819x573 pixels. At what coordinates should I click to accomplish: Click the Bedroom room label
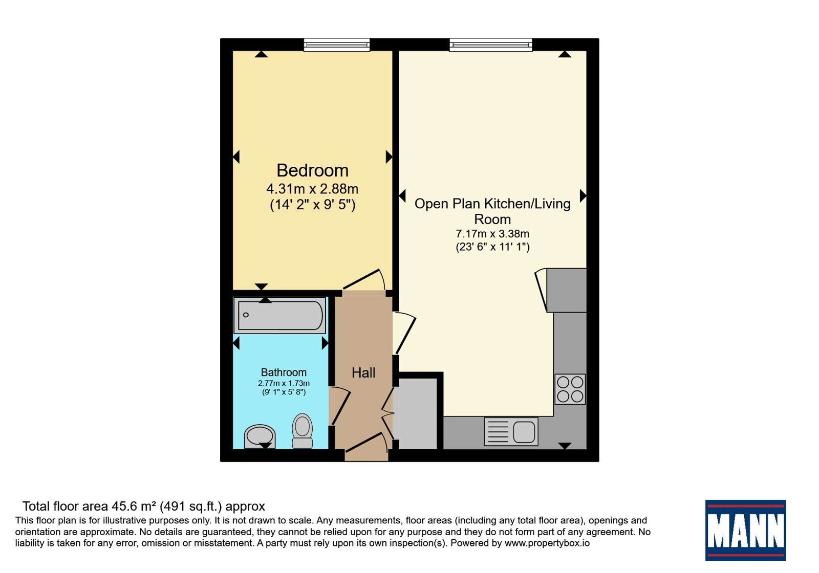[x=312, y=171]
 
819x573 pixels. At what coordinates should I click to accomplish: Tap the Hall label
[x=363, y=373]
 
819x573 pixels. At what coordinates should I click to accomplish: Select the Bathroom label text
[x=284, y=372]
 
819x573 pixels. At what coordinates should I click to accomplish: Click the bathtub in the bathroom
[x=279, y=315]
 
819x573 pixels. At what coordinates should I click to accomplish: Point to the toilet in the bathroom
[x=303, y=431]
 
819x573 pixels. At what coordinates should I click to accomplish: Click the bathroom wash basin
[x=260, y=436]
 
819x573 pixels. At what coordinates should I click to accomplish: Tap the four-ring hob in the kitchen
[x=570, y=389]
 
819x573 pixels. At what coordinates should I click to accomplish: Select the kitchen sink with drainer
[x=511, y=432]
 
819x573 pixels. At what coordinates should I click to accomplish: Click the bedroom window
[x=337, y=45]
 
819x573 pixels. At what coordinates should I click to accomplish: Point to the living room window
[x=491, y=45]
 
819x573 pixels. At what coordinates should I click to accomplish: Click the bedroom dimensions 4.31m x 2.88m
[x=312, y=189]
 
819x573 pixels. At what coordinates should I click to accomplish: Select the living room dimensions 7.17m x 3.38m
[x=492, y=233]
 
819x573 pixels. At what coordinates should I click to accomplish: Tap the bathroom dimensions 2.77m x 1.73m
[x=284, y=383]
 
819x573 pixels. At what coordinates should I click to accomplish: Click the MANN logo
[x=745, y=530]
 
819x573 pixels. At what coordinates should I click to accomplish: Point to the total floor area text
[x=144, y=506]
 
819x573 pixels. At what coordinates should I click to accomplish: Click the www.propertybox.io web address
[x=547, y=543]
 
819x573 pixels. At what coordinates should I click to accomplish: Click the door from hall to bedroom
[x=364, y=282]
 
